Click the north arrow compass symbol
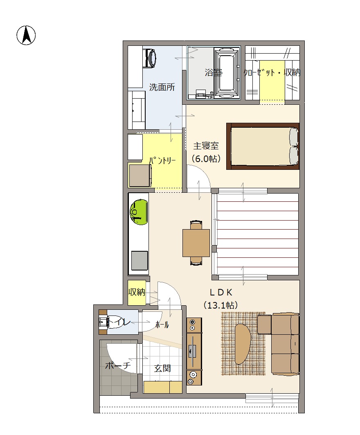click(x=26, y=35)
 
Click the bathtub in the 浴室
click(x=227, y=73)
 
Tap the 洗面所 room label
click(x=162, y=87)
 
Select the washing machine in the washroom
click(x=149, y=58)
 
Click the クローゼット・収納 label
click(x=272, y=73)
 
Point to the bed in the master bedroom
click(x=263, y=146)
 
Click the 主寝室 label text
click(x=206, y=146)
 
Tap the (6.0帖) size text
click(x=206, y=159)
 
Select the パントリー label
click(x=162, y=160)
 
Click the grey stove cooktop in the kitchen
click(x=139, y=261)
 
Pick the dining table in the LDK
click(x=196, y=243)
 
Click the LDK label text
click(x=221, y=292)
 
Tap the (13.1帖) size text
click(x=221, y=305)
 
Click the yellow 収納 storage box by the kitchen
click(x=137, y=293)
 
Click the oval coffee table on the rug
click(x=243, y=344)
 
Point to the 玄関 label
click(x=162, y=368)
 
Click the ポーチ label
click(x=118, y=365)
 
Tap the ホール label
click(x=162, y=325)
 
